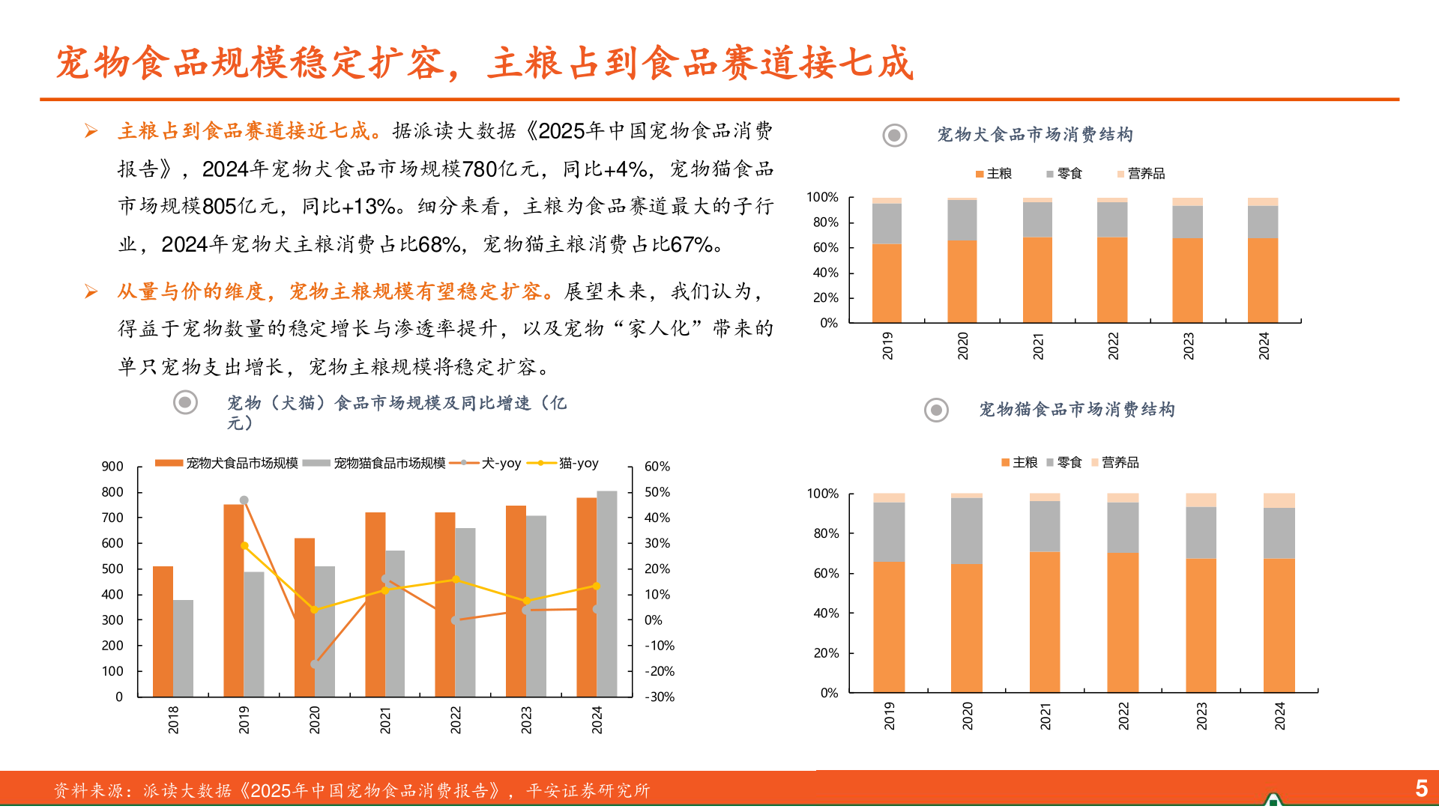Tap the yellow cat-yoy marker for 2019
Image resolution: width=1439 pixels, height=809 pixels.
pos(244,546)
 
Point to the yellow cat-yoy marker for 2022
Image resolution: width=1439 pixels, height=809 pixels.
pos(456,580)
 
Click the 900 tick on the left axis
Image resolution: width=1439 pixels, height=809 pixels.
pos(112,467)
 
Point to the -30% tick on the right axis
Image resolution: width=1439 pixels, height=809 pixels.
pos(660,697)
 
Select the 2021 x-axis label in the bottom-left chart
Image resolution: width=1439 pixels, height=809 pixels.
pos(385,720)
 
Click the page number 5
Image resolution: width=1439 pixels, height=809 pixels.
pos(1421,788)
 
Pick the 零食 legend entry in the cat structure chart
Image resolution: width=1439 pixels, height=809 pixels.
pos(1069,463)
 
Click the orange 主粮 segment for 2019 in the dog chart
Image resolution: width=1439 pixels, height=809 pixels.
pos(887,283)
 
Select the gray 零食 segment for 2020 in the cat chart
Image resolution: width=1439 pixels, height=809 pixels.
pos(966,531)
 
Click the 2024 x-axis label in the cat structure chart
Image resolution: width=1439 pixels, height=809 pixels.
pos(1280,716)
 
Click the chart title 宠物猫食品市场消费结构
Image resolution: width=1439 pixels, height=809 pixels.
pos(1077,410)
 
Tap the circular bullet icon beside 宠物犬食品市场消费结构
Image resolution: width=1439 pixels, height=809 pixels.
pos(894,136)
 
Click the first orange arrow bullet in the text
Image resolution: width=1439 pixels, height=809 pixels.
pos(91,132)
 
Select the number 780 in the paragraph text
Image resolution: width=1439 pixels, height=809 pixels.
pos(480,170)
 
